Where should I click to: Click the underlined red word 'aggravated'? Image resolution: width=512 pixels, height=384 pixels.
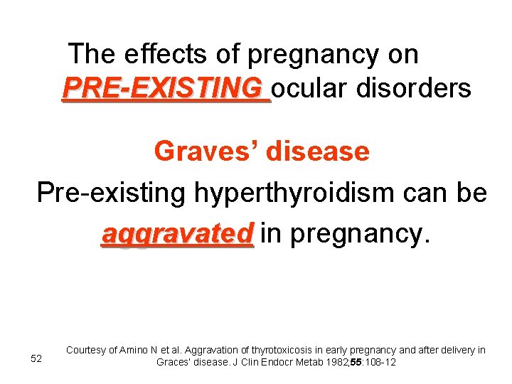(x=177, y=233)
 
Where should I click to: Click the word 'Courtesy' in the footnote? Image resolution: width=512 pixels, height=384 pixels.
(x=85, y=350)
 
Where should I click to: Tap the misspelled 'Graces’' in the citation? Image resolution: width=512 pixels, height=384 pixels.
(x=174, y=362)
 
